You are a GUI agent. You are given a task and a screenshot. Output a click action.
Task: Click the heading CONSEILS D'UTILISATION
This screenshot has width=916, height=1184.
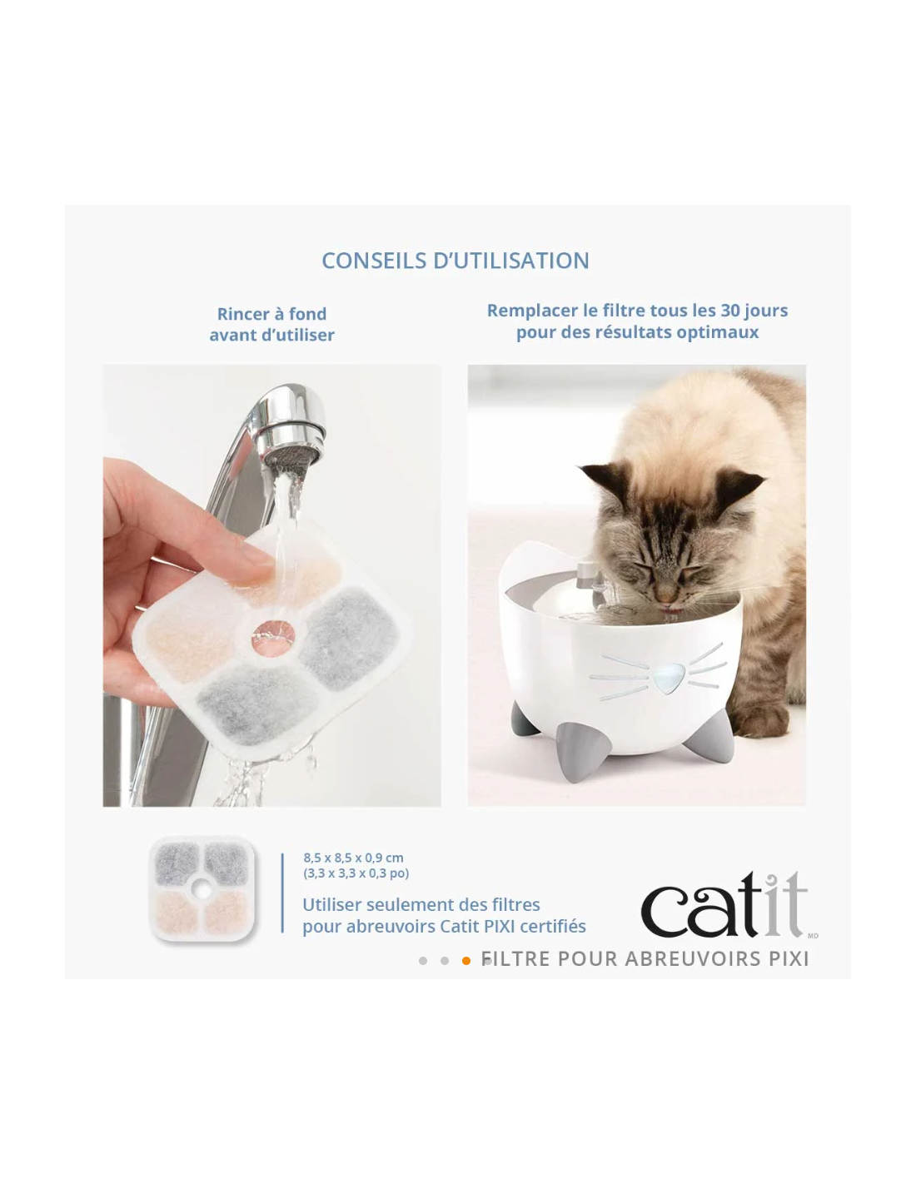coord(455,261)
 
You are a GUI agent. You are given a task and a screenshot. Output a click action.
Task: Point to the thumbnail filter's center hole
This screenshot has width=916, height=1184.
coord(202,890)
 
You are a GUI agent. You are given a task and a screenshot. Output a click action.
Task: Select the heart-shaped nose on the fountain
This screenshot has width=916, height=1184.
coord(668,678)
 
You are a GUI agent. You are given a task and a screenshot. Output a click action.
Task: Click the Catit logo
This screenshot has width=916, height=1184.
coord(724,904)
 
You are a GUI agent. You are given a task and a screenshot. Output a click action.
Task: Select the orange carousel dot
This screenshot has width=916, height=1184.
coord(465,961)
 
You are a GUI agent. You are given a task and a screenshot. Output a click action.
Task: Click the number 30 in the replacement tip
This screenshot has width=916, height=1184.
coord(730,310)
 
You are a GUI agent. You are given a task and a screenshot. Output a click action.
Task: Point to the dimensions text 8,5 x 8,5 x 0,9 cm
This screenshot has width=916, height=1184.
coord(353,858)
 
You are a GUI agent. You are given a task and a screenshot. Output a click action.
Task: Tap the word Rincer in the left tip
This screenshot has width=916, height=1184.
coord(243,314)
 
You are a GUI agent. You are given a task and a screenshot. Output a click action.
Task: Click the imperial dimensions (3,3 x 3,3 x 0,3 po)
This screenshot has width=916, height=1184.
coord(356,873)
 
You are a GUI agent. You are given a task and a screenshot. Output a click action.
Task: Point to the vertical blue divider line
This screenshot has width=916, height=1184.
coord(282,893)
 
